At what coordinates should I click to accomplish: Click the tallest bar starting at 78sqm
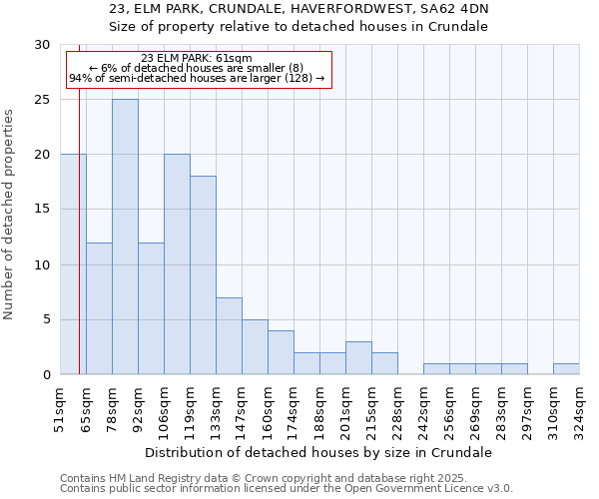pyautogui.click(x=125, y=237)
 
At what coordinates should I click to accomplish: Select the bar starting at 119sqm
pyautogui.click(x=203, y=275)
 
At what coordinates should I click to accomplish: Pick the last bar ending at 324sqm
pyautogui.click(x=566, y=368)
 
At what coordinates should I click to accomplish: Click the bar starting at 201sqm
pyautogui.click(x=358, y=358)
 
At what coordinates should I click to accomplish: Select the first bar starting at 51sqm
pyautogui.click(x=73, y=264)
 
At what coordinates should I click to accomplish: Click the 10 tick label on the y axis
pyautogui.click(x=42, y=264)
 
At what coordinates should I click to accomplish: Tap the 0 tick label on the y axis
pyautogui.click(x=46, y=374)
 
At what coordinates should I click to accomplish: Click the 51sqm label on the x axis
pyautogui.click(x=61, y=408)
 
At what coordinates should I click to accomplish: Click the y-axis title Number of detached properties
pyautogui.click(x=10, y=210)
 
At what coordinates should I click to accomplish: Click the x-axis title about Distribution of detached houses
pyautogui.click(x=318, y=452)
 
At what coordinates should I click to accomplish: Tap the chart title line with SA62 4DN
pyautogui.click(x=299, y=9)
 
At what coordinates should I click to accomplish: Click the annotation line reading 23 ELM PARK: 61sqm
pyautogui.click(x=197, y=58)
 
